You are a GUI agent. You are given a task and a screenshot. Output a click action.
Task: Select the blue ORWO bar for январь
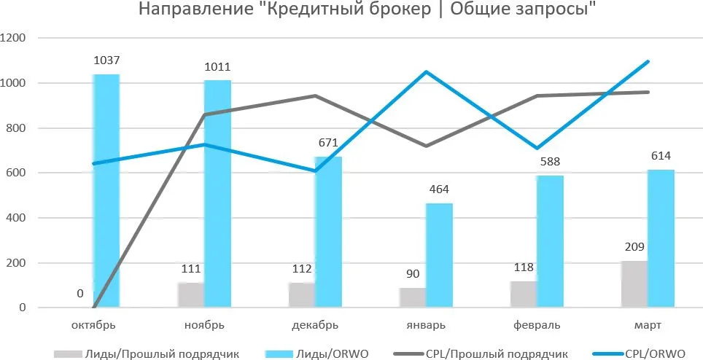coord(439,255)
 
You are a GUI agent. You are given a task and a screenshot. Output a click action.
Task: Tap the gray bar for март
coord(634,284)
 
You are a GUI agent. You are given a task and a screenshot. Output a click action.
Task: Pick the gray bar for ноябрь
coord(191,295)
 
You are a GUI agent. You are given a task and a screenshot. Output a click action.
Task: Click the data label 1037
coord(106,60)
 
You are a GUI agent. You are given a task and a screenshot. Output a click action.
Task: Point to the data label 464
coord(439,189)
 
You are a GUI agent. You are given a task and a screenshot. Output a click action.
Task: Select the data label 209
coord(634,247)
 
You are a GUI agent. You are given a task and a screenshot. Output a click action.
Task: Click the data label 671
coord(328,143)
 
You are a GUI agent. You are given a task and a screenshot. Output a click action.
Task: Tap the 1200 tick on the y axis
coord(14,38)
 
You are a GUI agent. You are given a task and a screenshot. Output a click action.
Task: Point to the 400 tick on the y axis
coord(17,218)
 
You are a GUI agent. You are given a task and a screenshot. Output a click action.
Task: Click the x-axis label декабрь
coord(314,324)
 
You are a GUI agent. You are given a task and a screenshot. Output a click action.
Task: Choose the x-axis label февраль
coord(536,324)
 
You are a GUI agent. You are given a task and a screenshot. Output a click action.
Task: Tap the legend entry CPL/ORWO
coord(653,353)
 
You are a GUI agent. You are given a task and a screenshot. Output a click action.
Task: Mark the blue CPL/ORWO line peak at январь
coord(426,71)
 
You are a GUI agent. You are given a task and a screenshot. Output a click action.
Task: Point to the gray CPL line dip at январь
coord(426,146)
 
